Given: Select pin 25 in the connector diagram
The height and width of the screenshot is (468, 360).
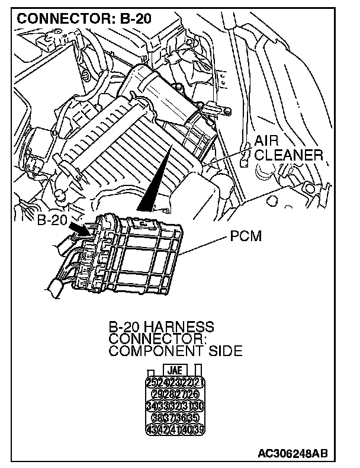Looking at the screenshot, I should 151,382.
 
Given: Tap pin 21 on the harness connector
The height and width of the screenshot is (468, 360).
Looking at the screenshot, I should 198,382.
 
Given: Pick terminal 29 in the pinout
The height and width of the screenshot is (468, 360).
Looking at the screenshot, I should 157,393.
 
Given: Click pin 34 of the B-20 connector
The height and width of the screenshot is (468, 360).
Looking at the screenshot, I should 151,406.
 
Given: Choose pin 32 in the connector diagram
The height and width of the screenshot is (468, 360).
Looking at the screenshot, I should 175,406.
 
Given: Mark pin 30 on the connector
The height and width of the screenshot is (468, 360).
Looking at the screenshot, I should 198,406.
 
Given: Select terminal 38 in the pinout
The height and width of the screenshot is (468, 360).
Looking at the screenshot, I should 157,418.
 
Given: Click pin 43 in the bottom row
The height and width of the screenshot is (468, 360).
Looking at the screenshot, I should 151,429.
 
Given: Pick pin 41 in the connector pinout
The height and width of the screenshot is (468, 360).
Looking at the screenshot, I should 175,429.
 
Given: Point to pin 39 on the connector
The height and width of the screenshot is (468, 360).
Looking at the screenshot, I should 198,429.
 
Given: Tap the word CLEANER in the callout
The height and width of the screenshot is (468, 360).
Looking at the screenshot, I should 290,156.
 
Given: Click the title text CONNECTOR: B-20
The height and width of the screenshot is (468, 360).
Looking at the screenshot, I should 84,18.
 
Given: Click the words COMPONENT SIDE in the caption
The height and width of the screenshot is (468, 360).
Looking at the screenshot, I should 175,351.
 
